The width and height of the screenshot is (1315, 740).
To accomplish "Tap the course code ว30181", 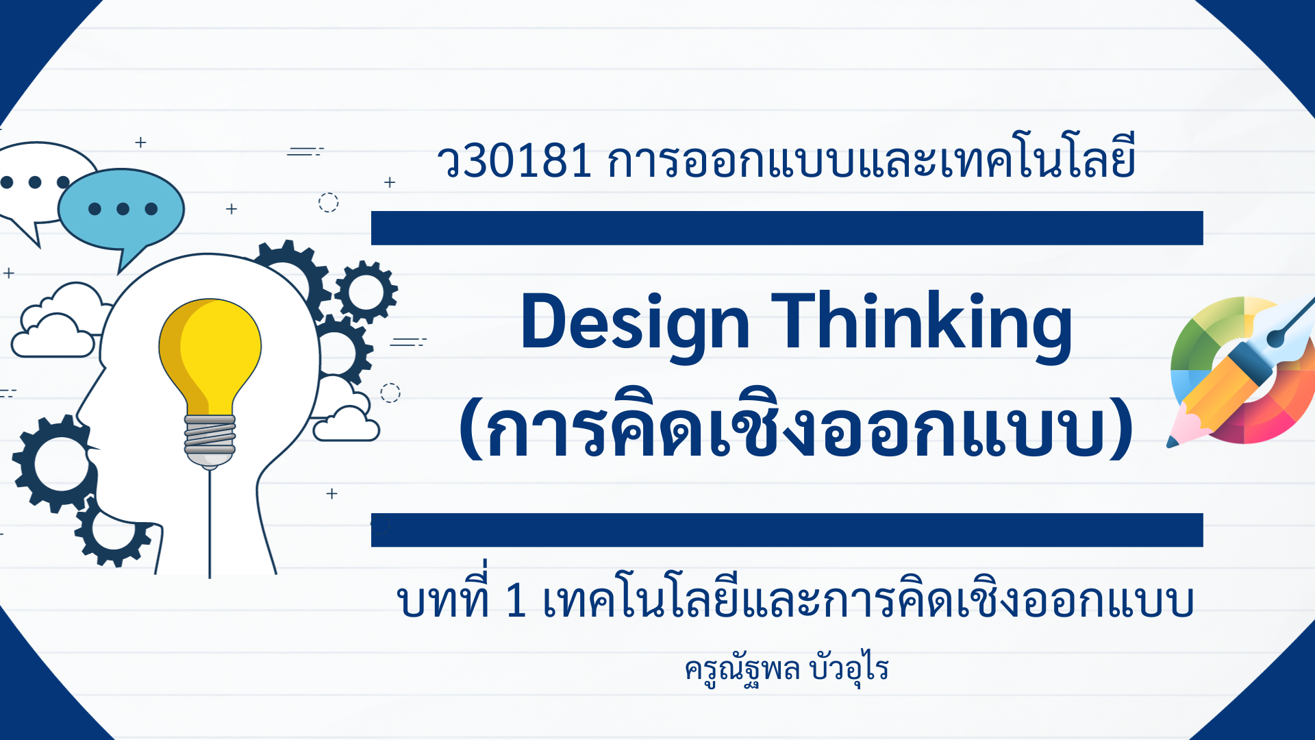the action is [x=514, y=162].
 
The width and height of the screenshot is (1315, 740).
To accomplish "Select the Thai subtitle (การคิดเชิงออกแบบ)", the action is [x=797, y=425].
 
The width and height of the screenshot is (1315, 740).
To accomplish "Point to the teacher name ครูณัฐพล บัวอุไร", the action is [x=786, y=669].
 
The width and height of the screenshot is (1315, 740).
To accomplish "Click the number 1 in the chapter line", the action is [x=516, y=601].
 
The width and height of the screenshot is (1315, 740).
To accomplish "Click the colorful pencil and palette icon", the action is [x=1241, y=371].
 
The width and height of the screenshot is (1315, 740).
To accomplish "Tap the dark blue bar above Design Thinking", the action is [x=787, y=228].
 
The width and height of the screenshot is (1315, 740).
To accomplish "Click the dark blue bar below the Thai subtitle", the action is [x=787, y=530].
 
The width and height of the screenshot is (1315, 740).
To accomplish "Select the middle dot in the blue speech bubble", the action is [x=123, y=208].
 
